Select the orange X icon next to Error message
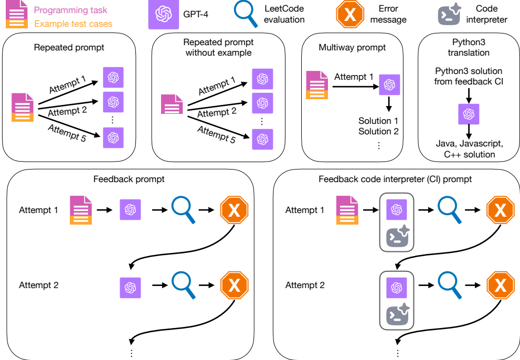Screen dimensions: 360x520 [x=350, y=14]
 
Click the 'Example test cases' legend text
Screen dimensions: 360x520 [x=73, y=24]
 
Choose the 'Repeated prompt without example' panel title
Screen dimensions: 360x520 [x=218, y=47]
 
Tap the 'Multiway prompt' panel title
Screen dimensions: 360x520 [x=352, y=47]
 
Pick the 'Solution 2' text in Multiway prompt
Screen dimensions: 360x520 [x=378, y=131]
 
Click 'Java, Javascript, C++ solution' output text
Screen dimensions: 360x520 [x=469, y=149]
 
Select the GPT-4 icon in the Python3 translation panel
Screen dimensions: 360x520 [x=469, y=114]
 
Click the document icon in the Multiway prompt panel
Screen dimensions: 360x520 [x=317, y=86]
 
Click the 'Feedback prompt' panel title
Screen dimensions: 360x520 [x=129, y=179]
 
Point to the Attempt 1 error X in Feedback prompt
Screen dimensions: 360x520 [x=234, y=210]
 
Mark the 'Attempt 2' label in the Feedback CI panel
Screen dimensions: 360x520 [x=305, y=285]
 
